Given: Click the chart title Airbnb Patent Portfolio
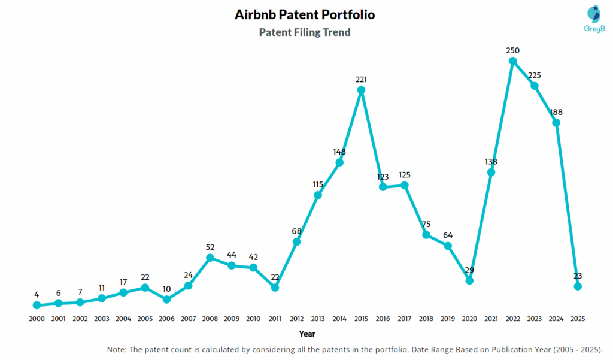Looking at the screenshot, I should coord(305,14).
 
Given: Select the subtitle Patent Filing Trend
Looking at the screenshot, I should coord(305,32).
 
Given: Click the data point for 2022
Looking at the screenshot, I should coord(512,60).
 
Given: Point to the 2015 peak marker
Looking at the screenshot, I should coord(361,90).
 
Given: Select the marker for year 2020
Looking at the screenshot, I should coord(469,280).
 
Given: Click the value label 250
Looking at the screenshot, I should coord(512,50).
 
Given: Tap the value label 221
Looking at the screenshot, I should coord(361,79).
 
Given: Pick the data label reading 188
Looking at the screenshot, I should coord(556,112).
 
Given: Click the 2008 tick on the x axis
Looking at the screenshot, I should coord(210,319).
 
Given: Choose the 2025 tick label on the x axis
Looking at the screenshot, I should coord(578,319).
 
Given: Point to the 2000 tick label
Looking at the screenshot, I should coord(37,319).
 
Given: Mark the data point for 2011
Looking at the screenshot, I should coord(275,288).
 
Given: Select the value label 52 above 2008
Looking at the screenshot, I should coord(210,247).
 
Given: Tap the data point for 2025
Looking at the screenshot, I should coord(578,286).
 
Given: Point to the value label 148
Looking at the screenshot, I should coord(339,152).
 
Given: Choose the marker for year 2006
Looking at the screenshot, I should coord(166,299).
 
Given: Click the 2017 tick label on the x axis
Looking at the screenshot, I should coord(405,319).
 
